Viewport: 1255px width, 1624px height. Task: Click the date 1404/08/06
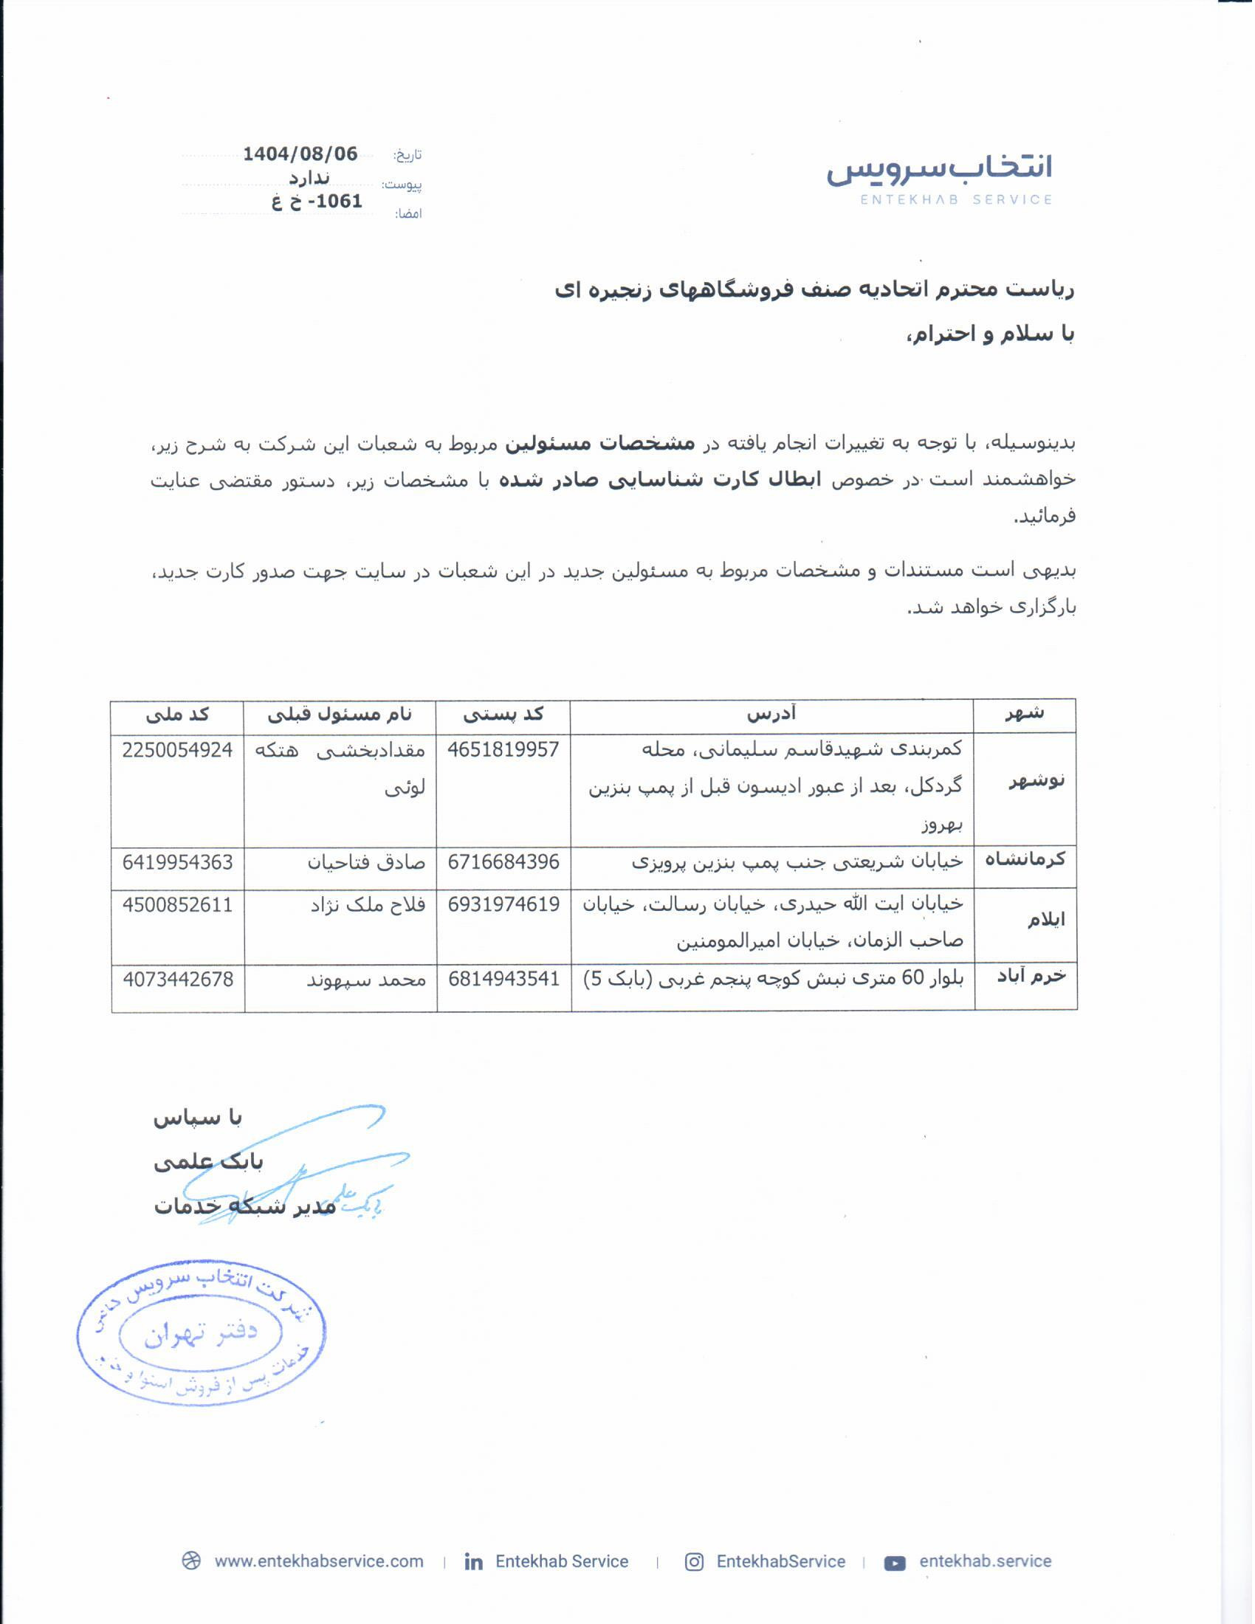[x=300, y=154]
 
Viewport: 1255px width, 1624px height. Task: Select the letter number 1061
[x=337, y=202]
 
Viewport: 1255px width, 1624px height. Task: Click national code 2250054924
[x=178, y=749]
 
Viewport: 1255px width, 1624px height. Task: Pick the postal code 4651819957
[x=503, y=749]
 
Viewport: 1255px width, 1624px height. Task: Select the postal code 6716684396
[x=503, y=861]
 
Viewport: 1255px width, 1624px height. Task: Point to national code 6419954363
[x=178, y=861]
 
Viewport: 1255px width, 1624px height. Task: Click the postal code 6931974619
[x=503, y=904]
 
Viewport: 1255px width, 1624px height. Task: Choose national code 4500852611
[x=178, y=904]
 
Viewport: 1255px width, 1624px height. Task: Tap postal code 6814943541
[x=503, y=979]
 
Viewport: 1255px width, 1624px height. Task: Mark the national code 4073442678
[x=178, y=979]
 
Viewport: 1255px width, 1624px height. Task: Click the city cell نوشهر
[x=1036, y=781]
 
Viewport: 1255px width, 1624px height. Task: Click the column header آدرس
[x=771, y=715]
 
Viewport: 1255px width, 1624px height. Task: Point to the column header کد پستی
[x=503, y=715]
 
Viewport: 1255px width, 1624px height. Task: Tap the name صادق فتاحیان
[x=367, y=862]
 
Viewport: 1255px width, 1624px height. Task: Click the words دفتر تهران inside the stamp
[x=201, y=1335]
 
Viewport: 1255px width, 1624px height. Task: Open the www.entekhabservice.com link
[x=319, y=1561]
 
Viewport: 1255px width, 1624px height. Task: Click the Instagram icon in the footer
[x=694, y=1561]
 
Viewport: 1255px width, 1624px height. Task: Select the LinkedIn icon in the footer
[x=474, y=1561]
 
